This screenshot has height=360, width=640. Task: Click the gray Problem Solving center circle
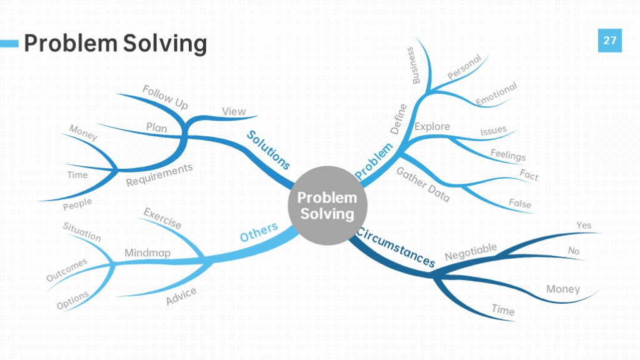tap(327, 206)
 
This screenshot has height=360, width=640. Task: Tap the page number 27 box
tap(610, 41)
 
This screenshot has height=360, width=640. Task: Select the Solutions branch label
tap(268, 150)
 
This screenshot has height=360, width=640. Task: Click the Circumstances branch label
tap(396, 247)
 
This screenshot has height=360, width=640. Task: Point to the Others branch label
tap(259, 232)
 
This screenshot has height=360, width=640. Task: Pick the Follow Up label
tap(165, 97)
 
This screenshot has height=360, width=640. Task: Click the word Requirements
tap(159, 175)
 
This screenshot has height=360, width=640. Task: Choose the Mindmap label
tap(147, 252)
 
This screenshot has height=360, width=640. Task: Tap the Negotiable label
tap(471, 252)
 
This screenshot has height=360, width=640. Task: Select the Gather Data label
tap(423, 184)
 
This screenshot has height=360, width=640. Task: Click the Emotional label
tap(496, 94)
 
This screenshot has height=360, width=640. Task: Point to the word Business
tap(414, 65)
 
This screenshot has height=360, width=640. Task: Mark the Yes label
tap(584, 225)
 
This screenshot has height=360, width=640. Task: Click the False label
tap(520, 203)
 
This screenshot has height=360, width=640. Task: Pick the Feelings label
tap(507, 155)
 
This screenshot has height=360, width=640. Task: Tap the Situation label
tap(82, 232)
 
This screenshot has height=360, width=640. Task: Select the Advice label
tap(181, 296)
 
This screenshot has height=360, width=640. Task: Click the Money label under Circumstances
tap(563, 289)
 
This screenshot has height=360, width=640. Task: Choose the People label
tap(77, 204)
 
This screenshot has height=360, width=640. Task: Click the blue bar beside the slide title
tap(9, 43)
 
